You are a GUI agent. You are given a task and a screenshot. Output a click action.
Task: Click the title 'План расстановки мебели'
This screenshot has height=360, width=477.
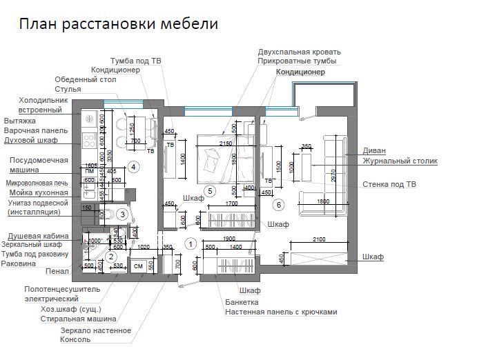click(x=118, y=25)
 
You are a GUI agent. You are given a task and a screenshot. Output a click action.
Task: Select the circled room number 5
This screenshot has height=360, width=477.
click(x=211, y=191)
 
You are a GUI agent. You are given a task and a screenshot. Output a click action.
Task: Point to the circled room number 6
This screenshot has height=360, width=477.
click(x=279, y=205)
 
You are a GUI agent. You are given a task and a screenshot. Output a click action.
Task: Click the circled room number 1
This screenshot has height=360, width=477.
click(x=191, y=243)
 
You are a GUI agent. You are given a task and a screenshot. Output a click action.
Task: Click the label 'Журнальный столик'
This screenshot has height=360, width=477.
click(x=400, y=161)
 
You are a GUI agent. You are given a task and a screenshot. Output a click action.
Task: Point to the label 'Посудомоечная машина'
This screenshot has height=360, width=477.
click(x=38, y=165)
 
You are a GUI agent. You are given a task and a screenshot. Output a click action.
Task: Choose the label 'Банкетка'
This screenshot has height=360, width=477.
click(x=242, y=302)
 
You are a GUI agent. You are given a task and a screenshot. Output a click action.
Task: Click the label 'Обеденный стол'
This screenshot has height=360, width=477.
click(x=86, y=79)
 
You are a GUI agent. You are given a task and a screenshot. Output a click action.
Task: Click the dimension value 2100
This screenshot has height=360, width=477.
click(x=320, y=239)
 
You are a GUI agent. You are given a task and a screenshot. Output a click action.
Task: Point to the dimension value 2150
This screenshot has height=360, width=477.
click(x=225, y=143)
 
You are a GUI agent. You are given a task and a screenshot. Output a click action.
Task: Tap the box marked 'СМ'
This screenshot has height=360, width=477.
click(x=137, y=266)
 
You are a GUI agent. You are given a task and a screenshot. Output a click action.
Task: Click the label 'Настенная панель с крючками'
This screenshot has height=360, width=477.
click(x=281, y=312)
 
